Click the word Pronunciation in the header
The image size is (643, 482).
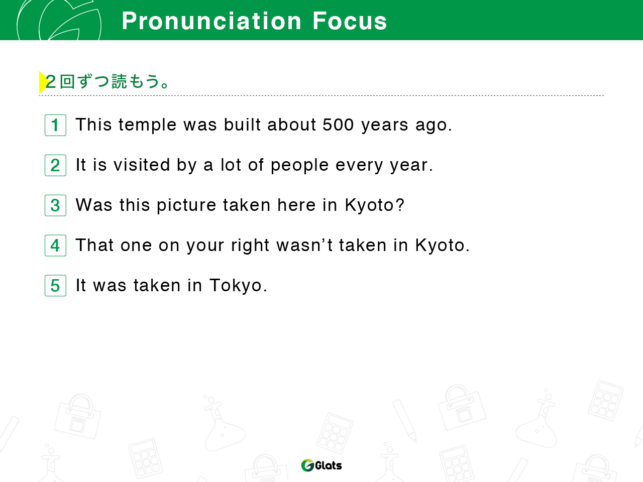point(211,21)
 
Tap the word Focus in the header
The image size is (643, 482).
point(350,21)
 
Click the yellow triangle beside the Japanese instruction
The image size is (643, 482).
point(43,82)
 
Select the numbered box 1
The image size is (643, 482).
point(55,125)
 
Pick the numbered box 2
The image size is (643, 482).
point(55,165)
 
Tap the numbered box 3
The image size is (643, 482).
point(55,205)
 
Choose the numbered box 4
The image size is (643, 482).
point(55,246)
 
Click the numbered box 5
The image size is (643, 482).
point(55,286)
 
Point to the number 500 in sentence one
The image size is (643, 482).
point(338,125)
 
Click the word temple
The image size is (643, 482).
point(147,125)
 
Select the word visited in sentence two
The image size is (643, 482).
point(142,165)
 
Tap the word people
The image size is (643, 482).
point(299,166)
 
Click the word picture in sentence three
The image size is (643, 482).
point(186,205)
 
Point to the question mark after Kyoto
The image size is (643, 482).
point(399,204)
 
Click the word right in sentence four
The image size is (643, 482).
point(250,246)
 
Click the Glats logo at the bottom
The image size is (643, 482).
point(321,465)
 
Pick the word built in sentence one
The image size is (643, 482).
point(242,125)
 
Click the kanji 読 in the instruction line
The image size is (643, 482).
point(119,81)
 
